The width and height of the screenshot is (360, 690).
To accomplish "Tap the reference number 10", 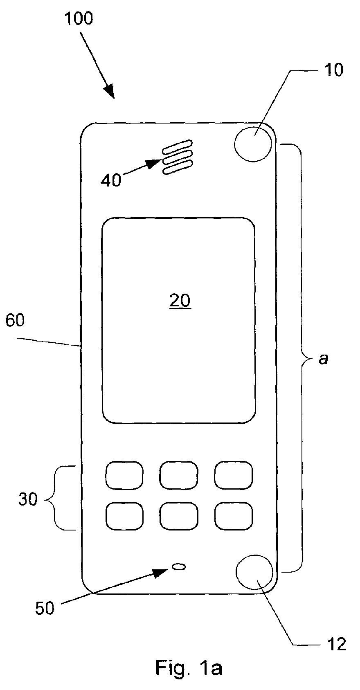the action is coord(333,70).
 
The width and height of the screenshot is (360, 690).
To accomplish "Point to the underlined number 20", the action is coord(180,300).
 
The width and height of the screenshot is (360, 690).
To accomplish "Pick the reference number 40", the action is coord(111,180).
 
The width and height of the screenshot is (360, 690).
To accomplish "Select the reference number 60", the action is coord(15,320).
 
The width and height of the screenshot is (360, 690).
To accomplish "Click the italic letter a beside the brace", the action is coord(323,359).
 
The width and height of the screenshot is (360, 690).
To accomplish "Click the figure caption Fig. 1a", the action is coord(189,668).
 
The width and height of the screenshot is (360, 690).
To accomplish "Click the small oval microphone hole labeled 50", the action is coord(180,566).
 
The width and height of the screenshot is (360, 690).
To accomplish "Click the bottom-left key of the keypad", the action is coord(124,516).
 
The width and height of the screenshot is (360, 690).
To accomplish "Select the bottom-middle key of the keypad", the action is coord(179,516).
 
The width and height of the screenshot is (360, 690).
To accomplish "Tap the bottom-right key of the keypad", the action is coord(234,516).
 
